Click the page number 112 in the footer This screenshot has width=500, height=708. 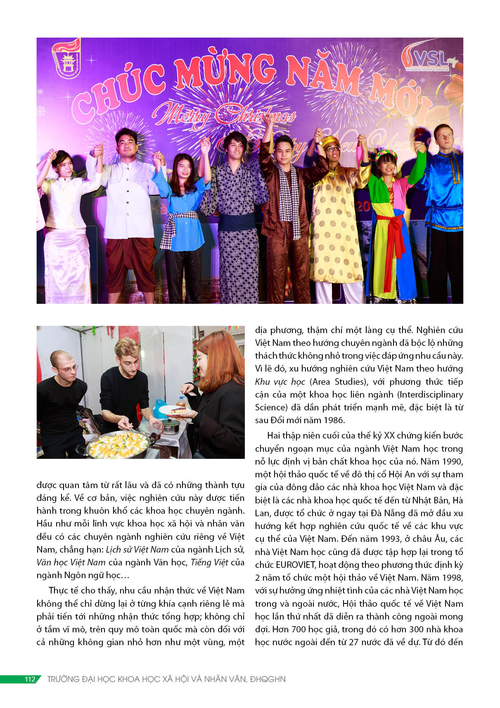click(30, 679)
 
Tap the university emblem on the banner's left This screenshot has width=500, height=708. click(66, 59)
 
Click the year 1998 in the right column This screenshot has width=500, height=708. click(452, 577)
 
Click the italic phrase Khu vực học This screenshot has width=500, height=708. click(280, 382)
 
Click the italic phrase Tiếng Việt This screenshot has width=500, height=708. click(209, 563)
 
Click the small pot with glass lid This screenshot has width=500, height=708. click(171, 425)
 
